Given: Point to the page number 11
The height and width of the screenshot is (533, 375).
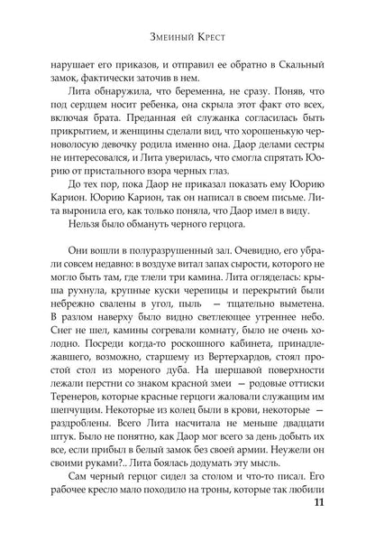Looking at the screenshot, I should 339,503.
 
